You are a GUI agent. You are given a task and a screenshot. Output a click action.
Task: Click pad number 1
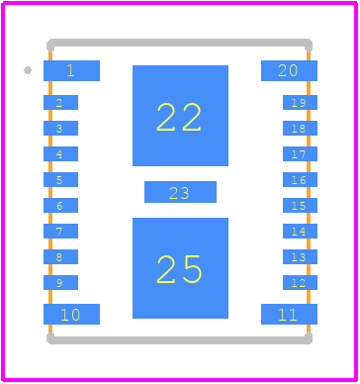[x=71, y=70]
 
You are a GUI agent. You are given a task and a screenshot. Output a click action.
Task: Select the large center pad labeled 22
[x=180, y=116]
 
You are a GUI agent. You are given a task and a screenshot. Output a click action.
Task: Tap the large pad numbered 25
[x=180, y=268]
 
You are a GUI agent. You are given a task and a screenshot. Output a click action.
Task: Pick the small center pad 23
[x=180, y=192]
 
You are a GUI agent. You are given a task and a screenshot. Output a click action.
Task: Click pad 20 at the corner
[x=289, y=70]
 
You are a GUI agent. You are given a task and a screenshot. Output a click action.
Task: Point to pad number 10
[x=71, y=314]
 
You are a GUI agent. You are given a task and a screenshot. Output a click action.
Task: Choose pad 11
[x=289, y=314]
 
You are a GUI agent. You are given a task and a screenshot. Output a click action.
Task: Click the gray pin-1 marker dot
[x=28, y=70]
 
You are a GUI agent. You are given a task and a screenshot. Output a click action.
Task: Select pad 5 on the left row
[x=60, y=179]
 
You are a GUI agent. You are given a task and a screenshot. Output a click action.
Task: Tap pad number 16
[x=300, y=179]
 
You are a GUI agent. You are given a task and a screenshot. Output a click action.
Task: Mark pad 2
[x=60, y=102]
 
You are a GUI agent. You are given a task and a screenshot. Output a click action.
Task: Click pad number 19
[x=300, y=102]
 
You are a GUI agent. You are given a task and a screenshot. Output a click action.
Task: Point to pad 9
[x=60, y=282]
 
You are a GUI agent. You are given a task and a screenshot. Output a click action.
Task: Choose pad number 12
[x=300, y=282]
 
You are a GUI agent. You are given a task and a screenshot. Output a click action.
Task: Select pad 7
[x=60, y=231]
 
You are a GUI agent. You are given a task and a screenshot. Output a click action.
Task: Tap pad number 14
[x=300, y=231]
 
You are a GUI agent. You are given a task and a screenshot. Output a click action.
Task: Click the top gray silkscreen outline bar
[x=179, y=43]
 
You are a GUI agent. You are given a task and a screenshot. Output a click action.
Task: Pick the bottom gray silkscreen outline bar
[x=179, y=340]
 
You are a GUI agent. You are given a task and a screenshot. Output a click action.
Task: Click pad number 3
[x=60, y=128]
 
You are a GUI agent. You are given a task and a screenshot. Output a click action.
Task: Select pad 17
[x=300, y=153]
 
